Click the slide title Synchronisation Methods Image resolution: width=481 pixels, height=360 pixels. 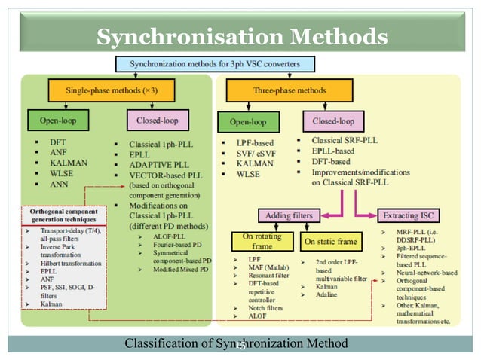click(242, 35)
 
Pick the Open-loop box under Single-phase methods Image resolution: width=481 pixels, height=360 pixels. click(58, 119)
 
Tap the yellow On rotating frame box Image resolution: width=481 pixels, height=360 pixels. click(263, 242)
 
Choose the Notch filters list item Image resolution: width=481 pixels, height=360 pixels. click(266, 309)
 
